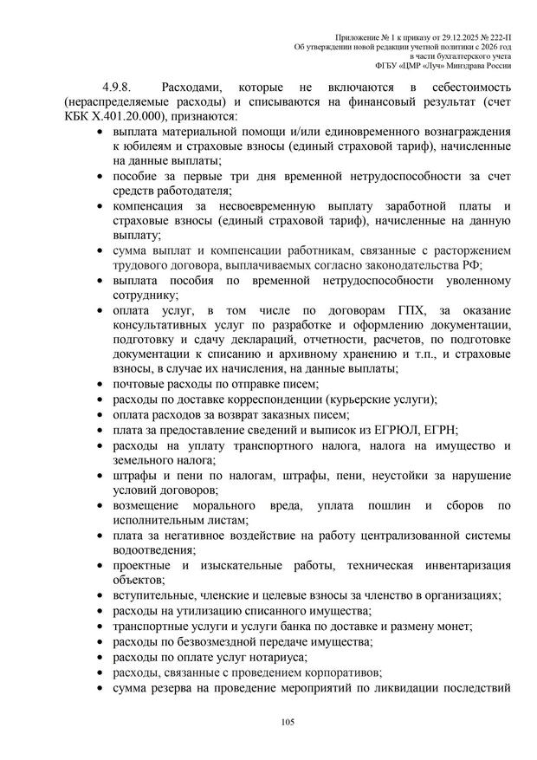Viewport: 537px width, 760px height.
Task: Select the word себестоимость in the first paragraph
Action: coord(470,88)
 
